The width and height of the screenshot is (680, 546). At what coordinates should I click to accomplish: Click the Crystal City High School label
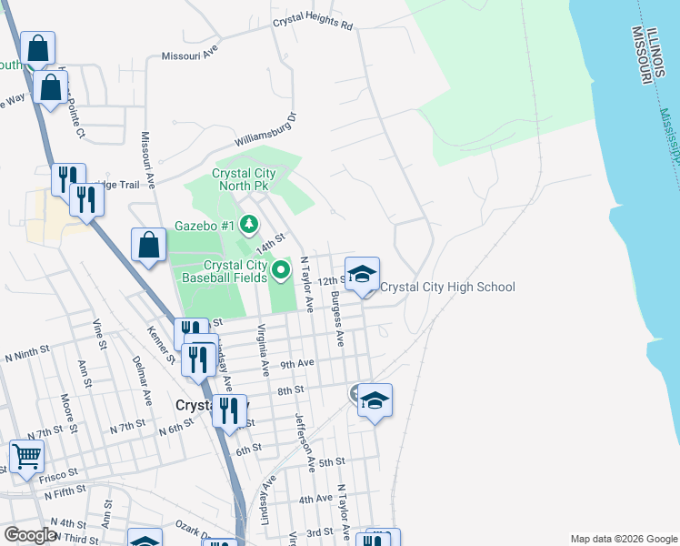(x=447, y=288)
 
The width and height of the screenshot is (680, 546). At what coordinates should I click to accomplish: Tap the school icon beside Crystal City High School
(x=362, y=274)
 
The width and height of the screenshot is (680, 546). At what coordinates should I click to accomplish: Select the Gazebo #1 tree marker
(x=250, y=224)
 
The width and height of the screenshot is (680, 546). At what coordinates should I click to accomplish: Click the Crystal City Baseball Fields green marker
(x=281, y=269)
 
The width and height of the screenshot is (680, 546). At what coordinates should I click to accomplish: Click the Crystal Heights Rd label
(x=312, y=22)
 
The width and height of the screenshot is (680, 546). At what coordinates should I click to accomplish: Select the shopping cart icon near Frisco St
(x=27, y=456)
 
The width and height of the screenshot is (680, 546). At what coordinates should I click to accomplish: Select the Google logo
(x=31, y=535)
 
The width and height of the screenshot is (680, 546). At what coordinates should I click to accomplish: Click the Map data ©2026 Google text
(x=623, y=539)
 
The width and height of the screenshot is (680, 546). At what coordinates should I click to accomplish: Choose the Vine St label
(x=98, y=337)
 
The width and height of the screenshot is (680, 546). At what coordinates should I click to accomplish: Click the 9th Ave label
(x=296, y=364)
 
